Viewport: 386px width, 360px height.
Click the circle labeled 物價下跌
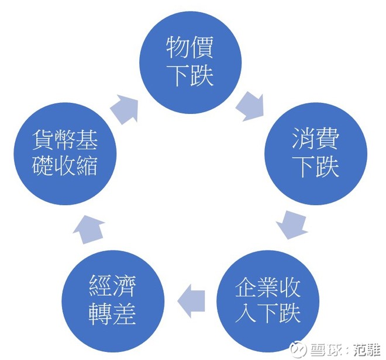click(x=191, y=63)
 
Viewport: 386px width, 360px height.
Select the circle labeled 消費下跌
click(x=316, y=154)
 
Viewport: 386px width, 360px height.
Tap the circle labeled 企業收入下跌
click(x=268, y=302)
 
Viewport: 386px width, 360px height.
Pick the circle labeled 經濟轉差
click(x=113, y=302)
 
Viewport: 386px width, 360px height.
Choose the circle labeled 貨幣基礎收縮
click(x=65, y=154)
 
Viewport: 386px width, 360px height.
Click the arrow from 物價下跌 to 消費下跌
click(x=250, y=106)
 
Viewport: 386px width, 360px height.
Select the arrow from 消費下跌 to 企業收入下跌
click(x=292, y=224)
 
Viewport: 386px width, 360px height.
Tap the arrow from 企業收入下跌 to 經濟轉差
click(x=191, y=301)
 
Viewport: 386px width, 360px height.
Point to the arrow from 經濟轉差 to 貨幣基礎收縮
click(x=89, y=229)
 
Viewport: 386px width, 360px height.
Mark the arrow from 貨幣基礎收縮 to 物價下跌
click(x=124, y=109)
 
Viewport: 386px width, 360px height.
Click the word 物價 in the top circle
click(x=190, y=47)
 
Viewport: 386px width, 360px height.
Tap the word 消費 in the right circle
click(x=316, y=139)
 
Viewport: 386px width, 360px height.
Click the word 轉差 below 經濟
click(x=112, y=314)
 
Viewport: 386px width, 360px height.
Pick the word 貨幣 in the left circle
click(x=54, y=140)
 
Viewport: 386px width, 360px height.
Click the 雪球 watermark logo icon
click(x=298, y=349)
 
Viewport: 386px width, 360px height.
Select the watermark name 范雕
click(x=367, y=349)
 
